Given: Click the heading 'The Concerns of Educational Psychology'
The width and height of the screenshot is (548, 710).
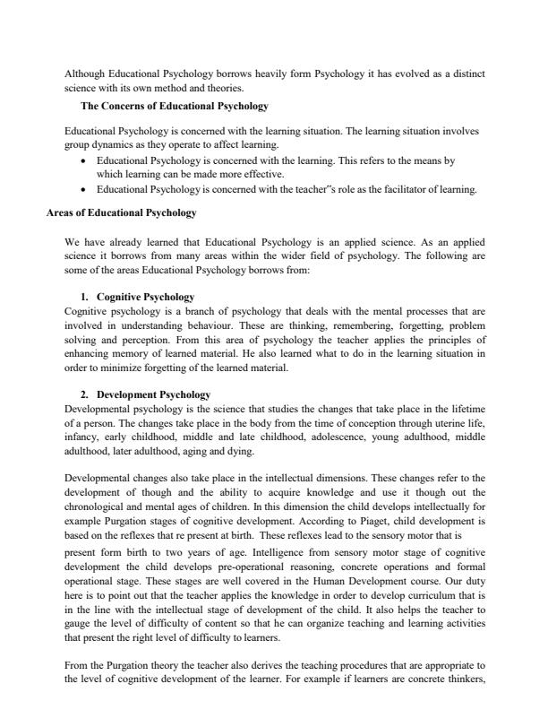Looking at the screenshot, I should (x=175, y=106).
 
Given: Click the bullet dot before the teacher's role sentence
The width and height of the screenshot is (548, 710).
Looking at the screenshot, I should (x=83, y=190).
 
